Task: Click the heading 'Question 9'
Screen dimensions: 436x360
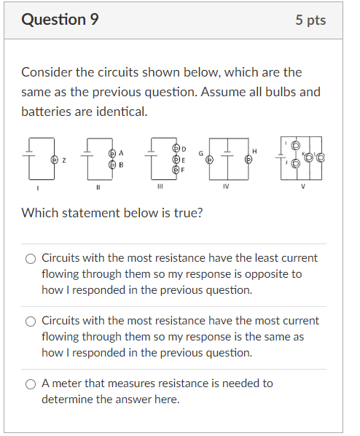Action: tap(60, 20)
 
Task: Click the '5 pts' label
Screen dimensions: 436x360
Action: tap(310, 20)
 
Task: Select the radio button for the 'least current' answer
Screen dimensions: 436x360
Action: tap(31, 258)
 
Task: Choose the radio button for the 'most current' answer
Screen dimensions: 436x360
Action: tap(31, 321)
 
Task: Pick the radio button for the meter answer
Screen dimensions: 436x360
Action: tap(31, 384)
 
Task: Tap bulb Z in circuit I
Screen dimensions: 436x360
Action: tap(53, 160)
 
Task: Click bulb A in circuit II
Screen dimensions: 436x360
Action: tap(111, 154)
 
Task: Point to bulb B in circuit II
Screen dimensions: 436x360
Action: tap(111, 166)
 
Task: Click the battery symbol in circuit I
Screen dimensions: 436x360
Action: tap(31, 154)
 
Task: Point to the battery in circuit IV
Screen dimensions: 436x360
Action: tap(227, 154)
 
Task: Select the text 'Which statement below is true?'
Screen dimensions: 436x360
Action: tap(112, 213)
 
